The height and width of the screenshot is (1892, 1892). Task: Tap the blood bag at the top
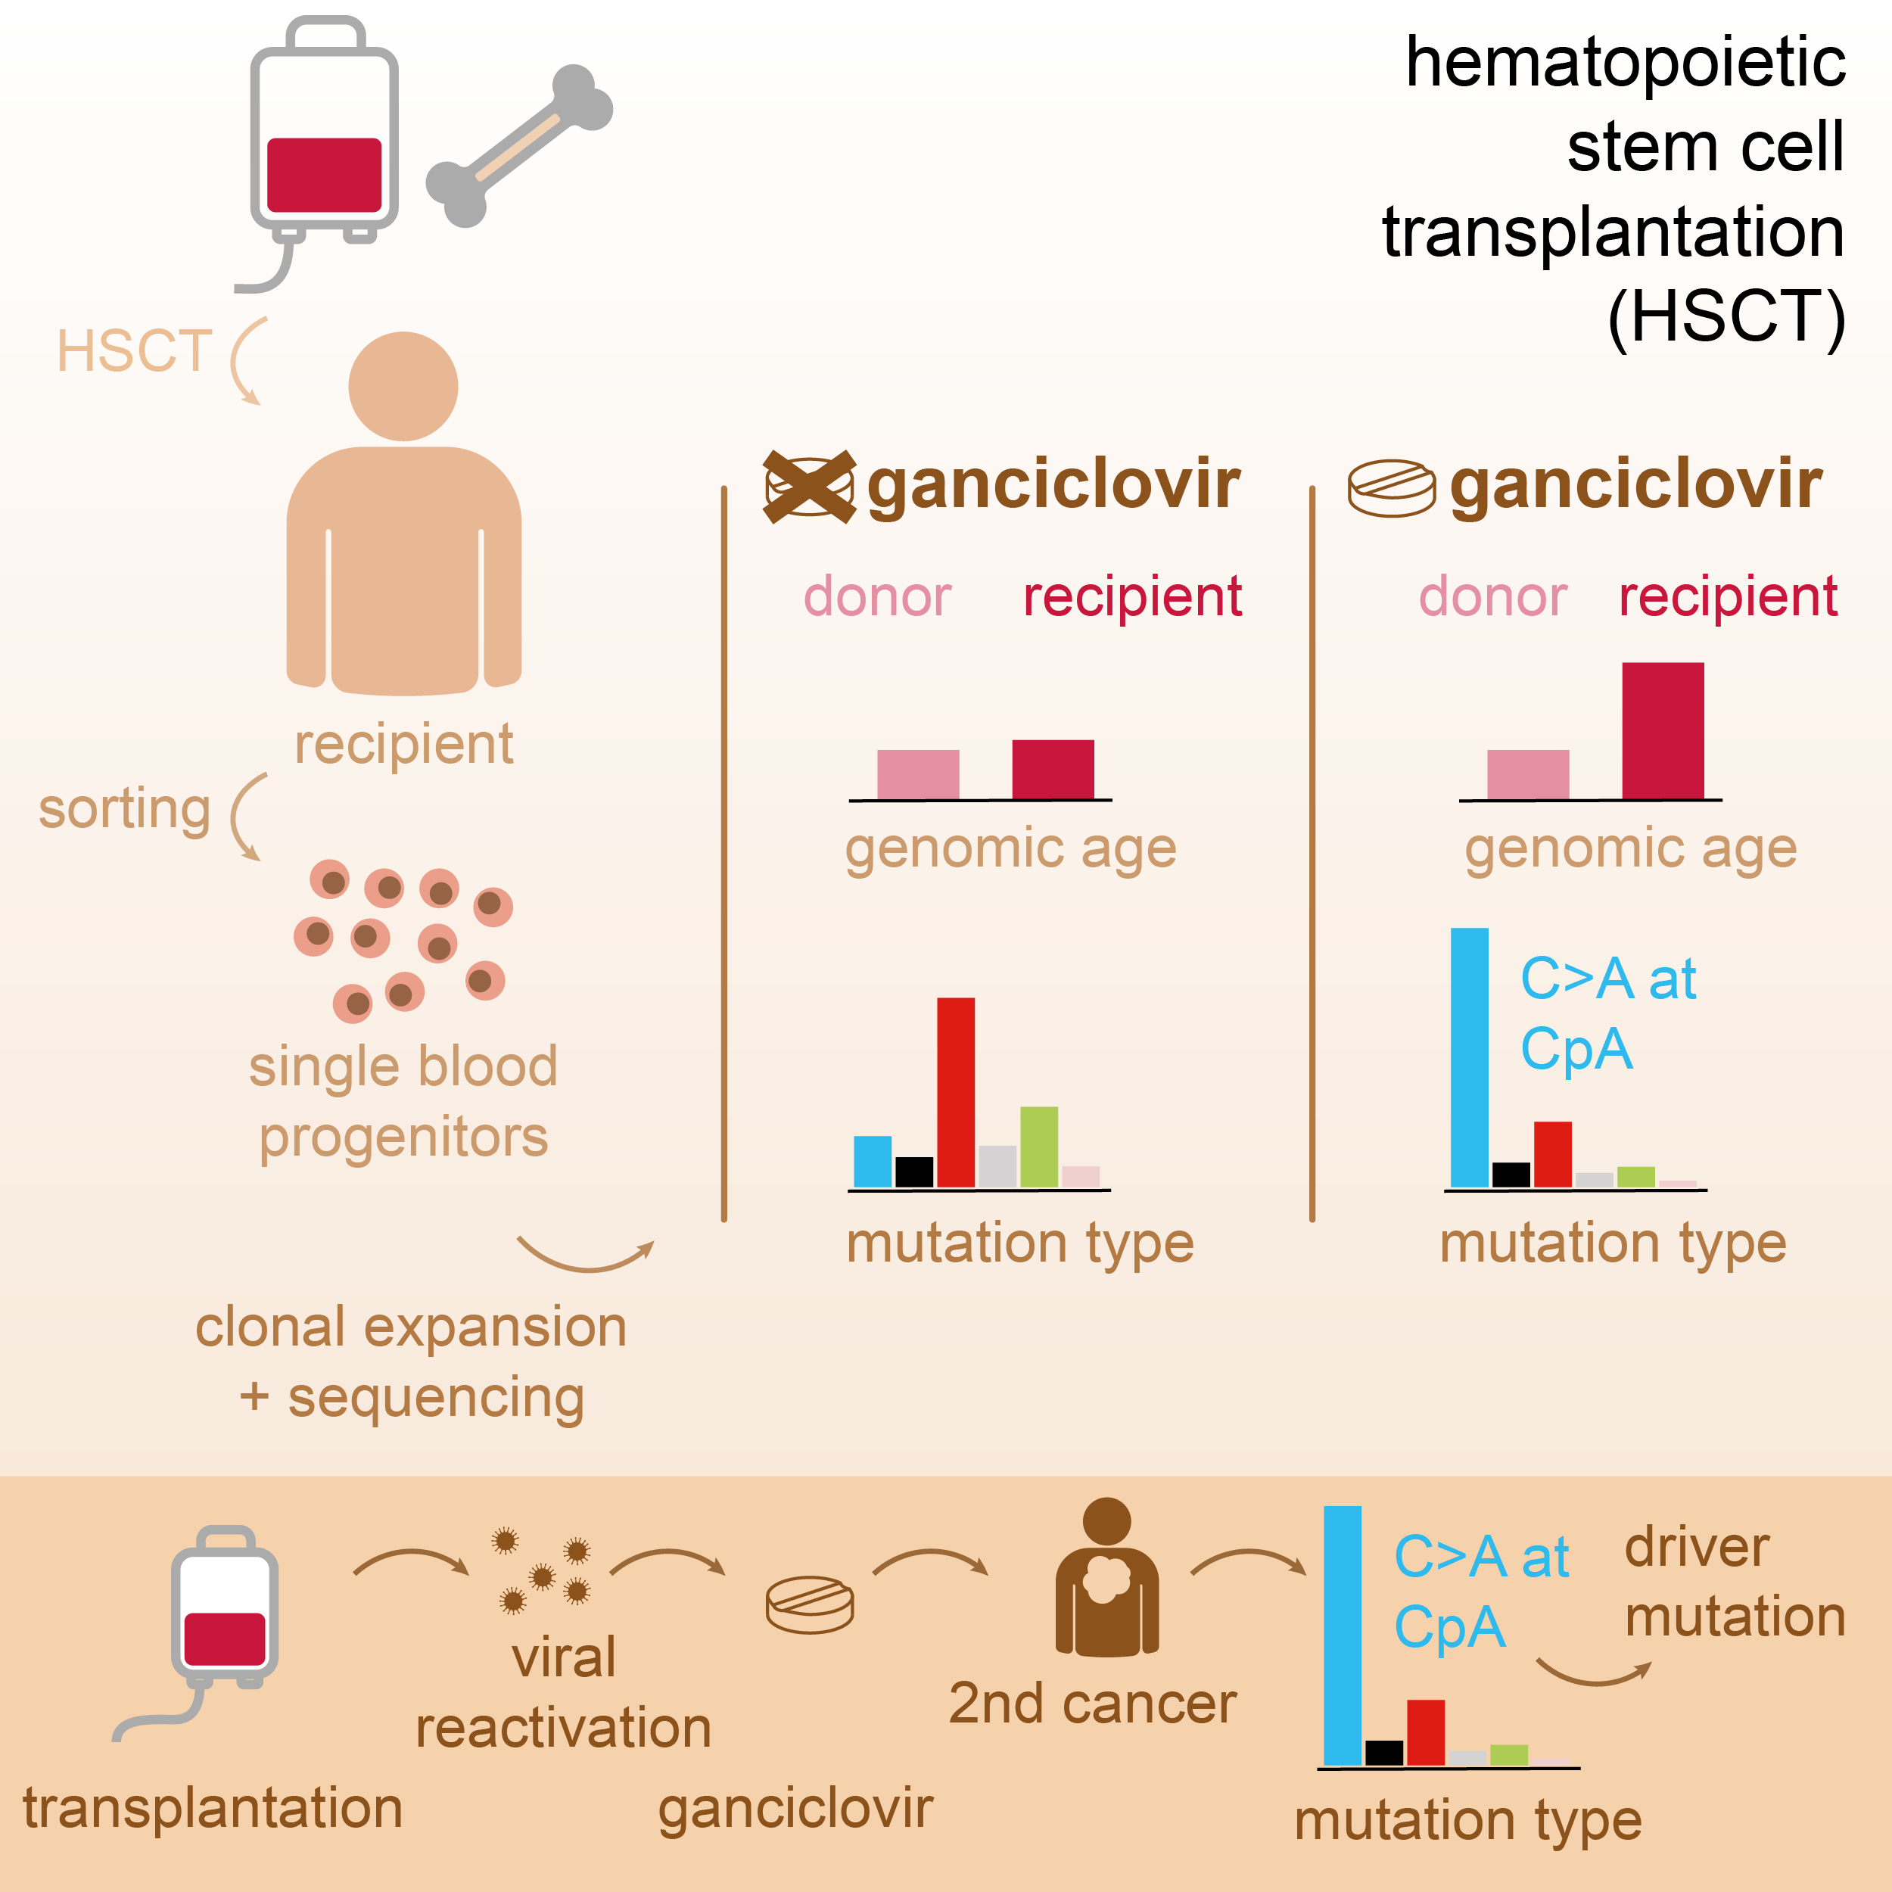[x=323, y=137]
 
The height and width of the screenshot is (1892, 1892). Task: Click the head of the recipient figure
[x=403, y=386]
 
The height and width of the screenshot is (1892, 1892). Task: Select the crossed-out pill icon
[x=809, y=487]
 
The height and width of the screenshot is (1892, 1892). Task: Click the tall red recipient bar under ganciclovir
[x=1662, y=730]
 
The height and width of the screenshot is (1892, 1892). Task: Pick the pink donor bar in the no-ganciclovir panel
[x=917, y=773]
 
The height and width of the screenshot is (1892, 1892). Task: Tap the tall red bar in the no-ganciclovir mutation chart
[x=955, y=1091]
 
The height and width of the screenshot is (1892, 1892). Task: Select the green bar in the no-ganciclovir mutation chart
[x=1038, y=1146]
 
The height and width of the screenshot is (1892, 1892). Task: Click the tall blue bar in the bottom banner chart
[x=1342, y=1635]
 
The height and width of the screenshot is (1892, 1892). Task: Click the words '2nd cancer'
[x=1092, y=1704]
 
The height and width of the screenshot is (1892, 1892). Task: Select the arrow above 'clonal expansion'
[x=585, y=1256]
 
